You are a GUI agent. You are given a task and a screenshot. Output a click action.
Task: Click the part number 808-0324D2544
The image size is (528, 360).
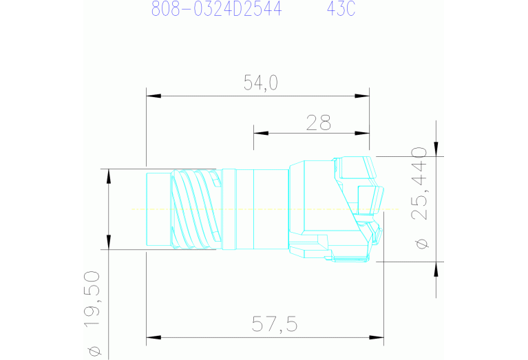[216, 10]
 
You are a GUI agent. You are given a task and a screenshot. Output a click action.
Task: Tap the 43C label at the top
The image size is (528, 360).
[341, 10]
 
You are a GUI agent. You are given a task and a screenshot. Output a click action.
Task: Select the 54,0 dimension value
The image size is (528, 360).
[260, 83]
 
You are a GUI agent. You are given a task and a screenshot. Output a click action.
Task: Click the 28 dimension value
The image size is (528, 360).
[319, 123]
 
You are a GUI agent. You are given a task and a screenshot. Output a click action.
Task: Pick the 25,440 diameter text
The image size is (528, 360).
[419, 183]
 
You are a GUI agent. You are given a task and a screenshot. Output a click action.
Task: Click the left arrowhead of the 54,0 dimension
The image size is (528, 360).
[153, 96]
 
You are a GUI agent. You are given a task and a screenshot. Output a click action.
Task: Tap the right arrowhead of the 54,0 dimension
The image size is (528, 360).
[363, 96]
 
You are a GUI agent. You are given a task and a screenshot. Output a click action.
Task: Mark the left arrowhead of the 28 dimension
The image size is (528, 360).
[260, 132]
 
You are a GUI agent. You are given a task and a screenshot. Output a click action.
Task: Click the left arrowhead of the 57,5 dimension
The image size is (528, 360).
[153, 337]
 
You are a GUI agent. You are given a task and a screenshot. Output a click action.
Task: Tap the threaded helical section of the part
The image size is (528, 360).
[194, 209]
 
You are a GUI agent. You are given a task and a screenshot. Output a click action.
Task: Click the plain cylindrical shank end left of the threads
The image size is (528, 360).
[158, 209]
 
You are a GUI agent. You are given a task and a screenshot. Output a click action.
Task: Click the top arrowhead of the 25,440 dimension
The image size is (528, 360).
[436, 149]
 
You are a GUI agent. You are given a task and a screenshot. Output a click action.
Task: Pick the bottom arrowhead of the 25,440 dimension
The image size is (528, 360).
[436, 268]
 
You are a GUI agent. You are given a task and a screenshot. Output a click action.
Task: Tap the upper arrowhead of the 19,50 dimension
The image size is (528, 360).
[108, 176]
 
